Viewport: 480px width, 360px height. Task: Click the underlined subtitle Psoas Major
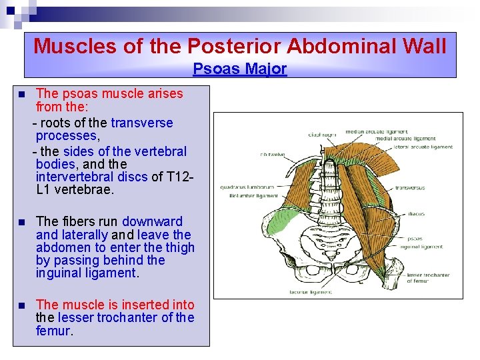[x=240, y=69]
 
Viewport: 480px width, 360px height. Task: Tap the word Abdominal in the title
[x=343, y=46]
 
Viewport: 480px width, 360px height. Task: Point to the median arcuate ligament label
[x=369, y=132]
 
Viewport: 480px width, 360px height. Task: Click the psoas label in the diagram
[x=415, y=237]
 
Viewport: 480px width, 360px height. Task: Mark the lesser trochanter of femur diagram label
[x=428, y=277]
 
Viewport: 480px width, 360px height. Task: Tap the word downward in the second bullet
[x=152, y=221]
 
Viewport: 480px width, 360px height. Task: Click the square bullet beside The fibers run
[x=22, y=222]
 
